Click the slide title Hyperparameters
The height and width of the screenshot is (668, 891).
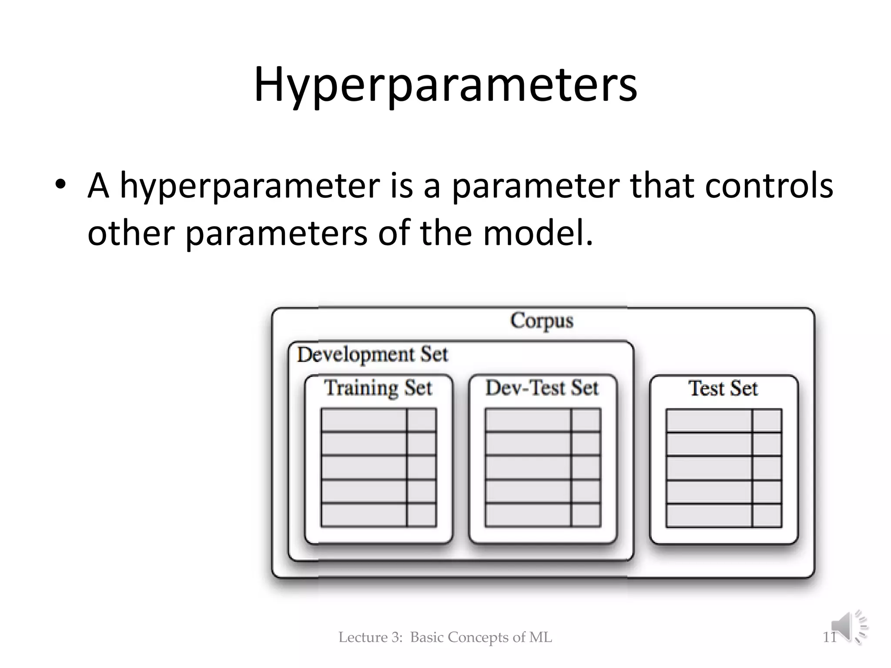[445, 85]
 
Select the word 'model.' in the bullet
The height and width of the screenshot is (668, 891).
[538, 233]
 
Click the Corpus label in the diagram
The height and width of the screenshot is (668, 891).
[542, 321]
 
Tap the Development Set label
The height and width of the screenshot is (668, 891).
[372, 354]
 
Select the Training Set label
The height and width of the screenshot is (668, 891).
[378, 387]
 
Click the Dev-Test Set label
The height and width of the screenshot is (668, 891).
[542, 387]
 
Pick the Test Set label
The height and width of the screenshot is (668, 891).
[723, 388]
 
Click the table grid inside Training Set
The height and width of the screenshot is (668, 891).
[379, 468]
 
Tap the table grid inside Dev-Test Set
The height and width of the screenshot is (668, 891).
[543, 468]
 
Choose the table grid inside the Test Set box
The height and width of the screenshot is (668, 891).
[724, 468]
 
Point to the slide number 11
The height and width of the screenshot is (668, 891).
[829, 638]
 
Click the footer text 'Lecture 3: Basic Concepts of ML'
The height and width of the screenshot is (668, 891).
[445, 638]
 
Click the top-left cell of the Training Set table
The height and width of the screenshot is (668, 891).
[364, 420]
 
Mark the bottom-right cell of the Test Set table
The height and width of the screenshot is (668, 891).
[767, 515]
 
